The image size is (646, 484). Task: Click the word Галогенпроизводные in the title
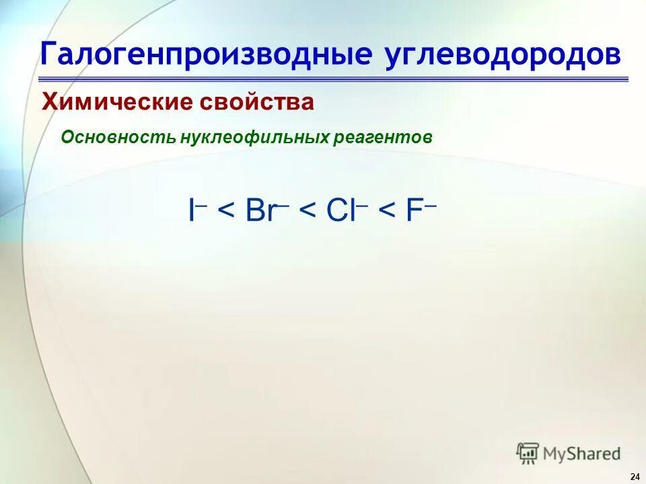coord(206,54)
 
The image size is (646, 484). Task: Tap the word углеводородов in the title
coord(503,54)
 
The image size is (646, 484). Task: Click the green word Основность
coord(118,137)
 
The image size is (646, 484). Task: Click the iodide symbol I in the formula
coord(192,211)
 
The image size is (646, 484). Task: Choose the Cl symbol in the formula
coord(340,211)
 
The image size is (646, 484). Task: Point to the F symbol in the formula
coord(412,211)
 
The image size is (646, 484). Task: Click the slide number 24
coord(635,477)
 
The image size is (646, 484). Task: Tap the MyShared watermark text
coord(582,454)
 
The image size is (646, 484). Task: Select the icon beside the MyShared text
coord(528,453)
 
